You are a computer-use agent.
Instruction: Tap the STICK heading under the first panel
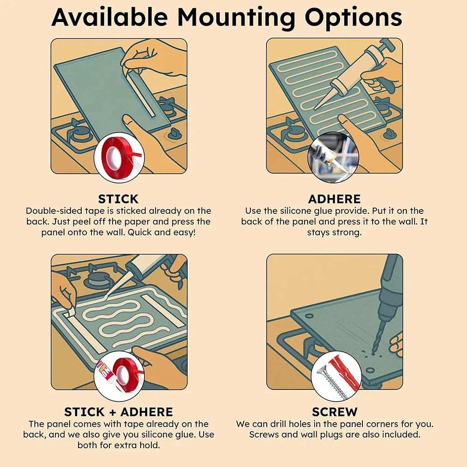[x=118, y=198]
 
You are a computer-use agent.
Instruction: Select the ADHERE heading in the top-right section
[x=334, y=198]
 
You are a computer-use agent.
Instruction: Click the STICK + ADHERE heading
[x=118, y=411]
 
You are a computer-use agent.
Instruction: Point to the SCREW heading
[x=334, y=411]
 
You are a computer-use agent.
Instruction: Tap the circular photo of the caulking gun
[x=333, y=157]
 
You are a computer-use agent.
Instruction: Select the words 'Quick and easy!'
[x=162, y=232]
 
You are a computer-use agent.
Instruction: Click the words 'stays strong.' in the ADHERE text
[x=334, y=232]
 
